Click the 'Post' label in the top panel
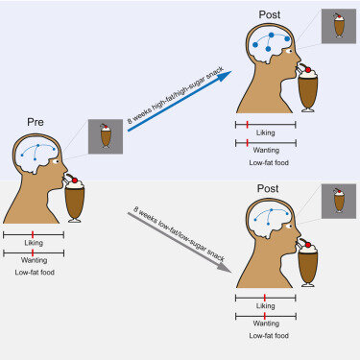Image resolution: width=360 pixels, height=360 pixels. coord(271,14)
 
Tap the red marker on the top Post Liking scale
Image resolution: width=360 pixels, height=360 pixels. coord(248,125)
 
